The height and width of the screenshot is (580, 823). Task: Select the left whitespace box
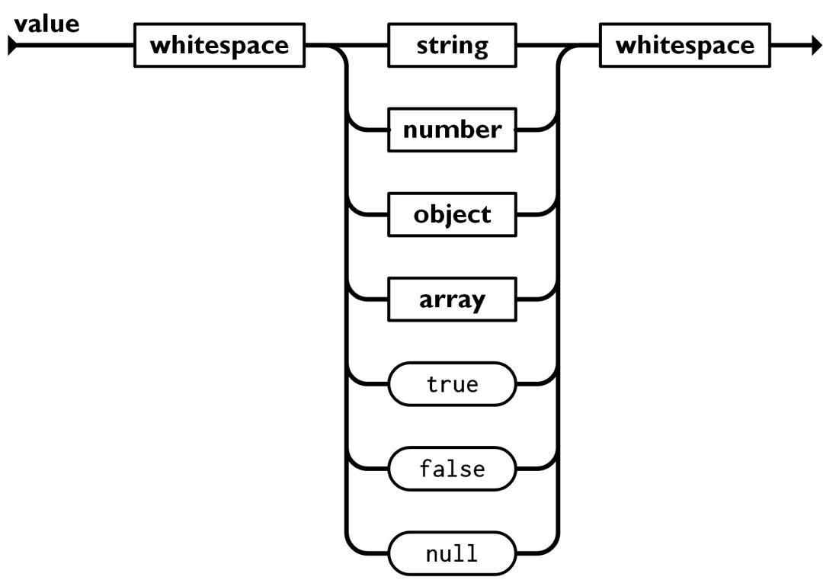(219, 46)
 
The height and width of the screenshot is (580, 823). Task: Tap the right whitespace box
(685, 46)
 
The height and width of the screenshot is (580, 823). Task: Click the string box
(453, 46)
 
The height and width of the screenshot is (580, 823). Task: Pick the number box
(453, 130)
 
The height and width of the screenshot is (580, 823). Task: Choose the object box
(453, 215)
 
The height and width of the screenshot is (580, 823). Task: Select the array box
(453, 300)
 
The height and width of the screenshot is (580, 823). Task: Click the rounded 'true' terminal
(453, 384)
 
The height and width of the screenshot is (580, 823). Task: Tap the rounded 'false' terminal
(453, 468)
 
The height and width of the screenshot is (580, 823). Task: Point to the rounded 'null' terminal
(453, 553)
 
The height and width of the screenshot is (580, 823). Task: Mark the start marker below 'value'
(11, 46)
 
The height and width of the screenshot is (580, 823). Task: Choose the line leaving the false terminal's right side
(532, 468)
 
